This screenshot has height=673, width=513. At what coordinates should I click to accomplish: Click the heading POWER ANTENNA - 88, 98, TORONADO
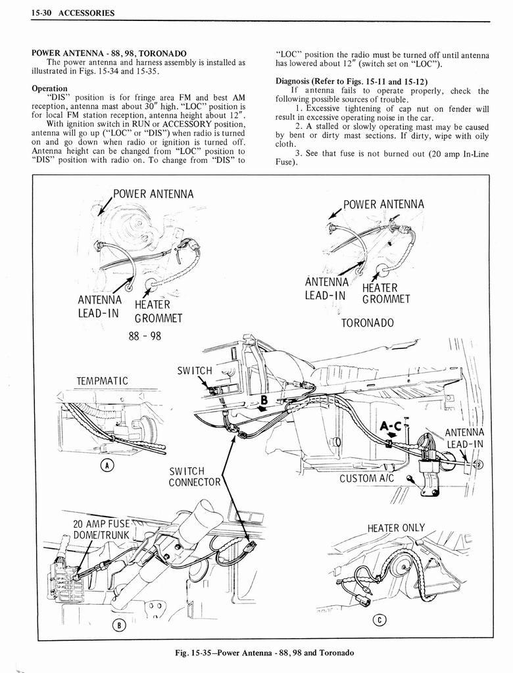click(x=109, y=53)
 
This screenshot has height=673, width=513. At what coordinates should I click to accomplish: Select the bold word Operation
click(x=49, y=88)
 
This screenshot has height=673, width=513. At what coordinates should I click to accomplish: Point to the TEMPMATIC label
click(x=102, y=381)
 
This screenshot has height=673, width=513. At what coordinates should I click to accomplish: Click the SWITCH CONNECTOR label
click(x=194, y=476)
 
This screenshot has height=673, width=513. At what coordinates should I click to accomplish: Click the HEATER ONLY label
click(x=396, y=528)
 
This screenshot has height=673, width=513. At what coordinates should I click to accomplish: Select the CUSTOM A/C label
click(x=366, y=478)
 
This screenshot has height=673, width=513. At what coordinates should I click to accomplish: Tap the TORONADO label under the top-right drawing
click(x=367, y=323)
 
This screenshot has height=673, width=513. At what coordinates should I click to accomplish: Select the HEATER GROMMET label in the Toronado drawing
click(x=385, y=293)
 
